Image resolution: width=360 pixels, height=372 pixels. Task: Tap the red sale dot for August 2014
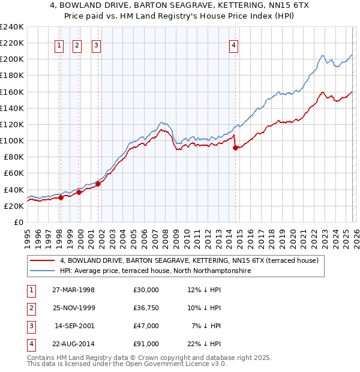click(x=235, y=148)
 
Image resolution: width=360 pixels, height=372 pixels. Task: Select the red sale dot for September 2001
click(x=98, y=184)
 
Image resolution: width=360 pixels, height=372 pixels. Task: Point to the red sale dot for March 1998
click(x=61, y=197)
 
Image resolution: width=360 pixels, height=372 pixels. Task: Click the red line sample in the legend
click(x=42, y=261)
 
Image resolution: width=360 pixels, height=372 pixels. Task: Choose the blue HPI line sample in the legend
click(x=42, y=271)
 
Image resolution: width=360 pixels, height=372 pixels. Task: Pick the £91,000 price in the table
click(x=146, y=344)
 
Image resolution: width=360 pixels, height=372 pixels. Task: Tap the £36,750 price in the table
click(x=146, y=308)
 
